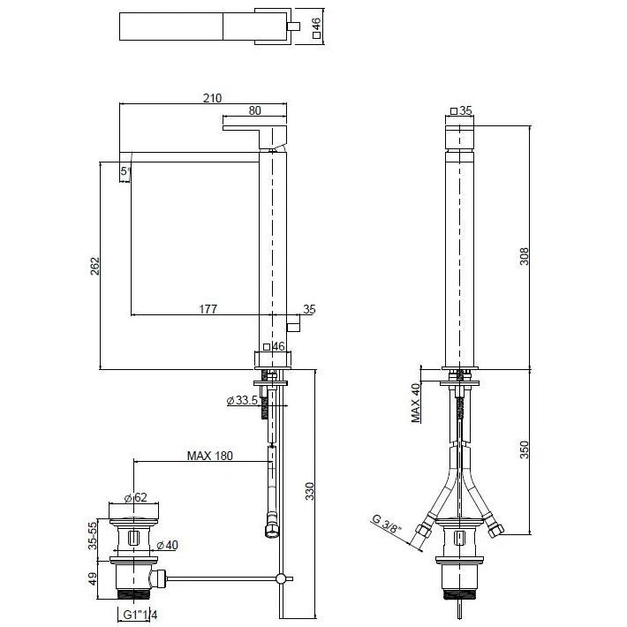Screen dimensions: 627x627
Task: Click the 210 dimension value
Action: click(x=212, y=98)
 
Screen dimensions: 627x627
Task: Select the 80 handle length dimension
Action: click(x=254, y=110)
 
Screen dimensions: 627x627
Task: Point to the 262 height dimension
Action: click(x=94, y=266)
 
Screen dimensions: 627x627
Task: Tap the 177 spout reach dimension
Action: click(x=208, y=309)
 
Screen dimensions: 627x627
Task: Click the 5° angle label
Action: click(x=125, y=171)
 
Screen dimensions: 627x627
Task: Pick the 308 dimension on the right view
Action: click(x=524, y=256)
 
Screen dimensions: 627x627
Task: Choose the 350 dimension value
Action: click(x=524, y=449)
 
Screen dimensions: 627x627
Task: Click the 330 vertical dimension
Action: click(x=310, y=491)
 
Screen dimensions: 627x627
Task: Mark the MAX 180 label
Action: click(x=210, y=456)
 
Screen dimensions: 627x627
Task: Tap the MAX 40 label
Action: click(x=416, y=403)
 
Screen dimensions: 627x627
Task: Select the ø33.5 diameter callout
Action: click(x=242, y=400)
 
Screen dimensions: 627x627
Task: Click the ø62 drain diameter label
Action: click(x=136, y=497)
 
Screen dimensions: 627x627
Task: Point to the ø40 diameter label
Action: click(x=167, y=545)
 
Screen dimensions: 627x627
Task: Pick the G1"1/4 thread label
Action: click(x=140, y=615)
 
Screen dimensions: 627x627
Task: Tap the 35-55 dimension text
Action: click(x=93, y=535)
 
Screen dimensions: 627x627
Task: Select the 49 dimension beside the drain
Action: click(x=93, y=579)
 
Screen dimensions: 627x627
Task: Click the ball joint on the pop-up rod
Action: click(x=281, y=578)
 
